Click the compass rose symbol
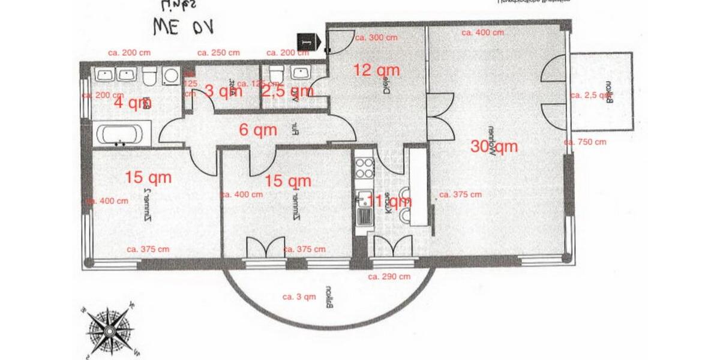pyautogui.click(x=110, y=329)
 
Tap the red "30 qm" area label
pyautogui.click(x=494, y=146)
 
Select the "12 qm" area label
pyautogui.click(x=376, y=70)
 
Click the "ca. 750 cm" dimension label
pyautogui.click(x=585, y=142)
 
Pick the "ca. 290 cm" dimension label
pyautogui.click(x=389, y=277)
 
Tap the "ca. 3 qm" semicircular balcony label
pyautogui.click(x=299, y=296)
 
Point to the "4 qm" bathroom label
pyautogui.click(x=133, y=103)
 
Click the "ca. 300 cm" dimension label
pyautogui.click(x=376, y=37)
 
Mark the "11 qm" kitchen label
pyautogui.click(x=389, y=201)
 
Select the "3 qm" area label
pyautogui.click(x=223, y=91)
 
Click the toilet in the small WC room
pyautogui.click(x=277, y=74)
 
